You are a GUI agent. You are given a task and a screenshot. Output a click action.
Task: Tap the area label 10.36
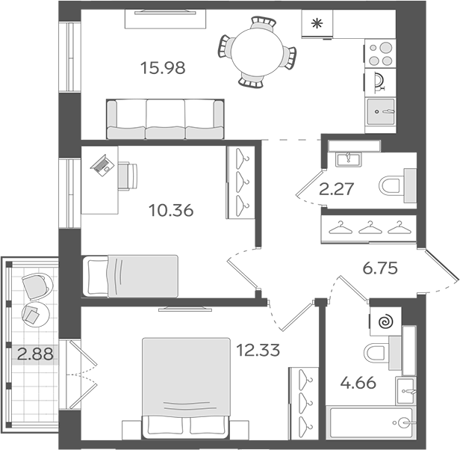(x=171, y=210)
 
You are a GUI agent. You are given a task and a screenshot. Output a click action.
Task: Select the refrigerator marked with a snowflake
(x=317, y=24)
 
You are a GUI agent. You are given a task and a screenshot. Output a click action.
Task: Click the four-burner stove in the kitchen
(x=379, y=55)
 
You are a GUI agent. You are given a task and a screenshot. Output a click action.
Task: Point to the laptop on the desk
(x=100, y=164)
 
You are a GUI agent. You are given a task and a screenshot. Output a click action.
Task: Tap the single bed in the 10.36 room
(x=130, y=276)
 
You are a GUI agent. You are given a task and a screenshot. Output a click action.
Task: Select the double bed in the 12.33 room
(x=185, y=386)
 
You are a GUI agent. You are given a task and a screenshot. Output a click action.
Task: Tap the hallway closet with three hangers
(x=367, y=227)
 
